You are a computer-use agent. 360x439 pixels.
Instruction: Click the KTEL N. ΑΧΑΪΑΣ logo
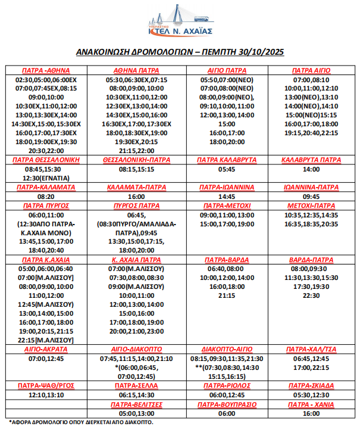pyautogui.click(x=180, y=21)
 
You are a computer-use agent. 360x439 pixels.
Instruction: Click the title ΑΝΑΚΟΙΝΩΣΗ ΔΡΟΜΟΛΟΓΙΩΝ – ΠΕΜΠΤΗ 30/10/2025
pyautogui.click(x=180, y=52)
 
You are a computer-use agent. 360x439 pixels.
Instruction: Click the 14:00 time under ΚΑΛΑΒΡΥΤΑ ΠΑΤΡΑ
pyautogui.click(x=311, y=169)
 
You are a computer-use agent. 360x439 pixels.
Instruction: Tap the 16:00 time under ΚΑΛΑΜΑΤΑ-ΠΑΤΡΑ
pyautogui.click(x=136, y=195)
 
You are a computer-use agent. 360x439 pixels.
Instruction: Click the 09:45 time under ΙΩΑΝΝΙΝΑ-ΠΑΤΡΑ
pyautogui.click(x=311, y=195)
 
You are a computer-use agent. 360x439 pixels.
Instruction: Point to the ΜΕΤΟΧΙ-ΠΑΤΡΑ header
pyautogui.click(x=311, y=205)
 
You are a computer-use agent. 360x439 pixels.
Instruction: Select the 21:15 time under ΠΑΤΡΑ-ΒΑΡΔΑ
pyautogui.click(x=226, y=295)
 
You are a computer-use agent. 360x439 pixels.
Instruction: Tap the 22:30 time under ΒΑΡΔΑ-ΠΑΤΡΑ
pyautogui.click(x=311, y=295)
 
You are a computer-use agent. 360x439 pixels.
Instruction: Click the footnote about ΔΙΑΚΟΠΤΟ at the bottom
pyautogui.click(x=81, y=422)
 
